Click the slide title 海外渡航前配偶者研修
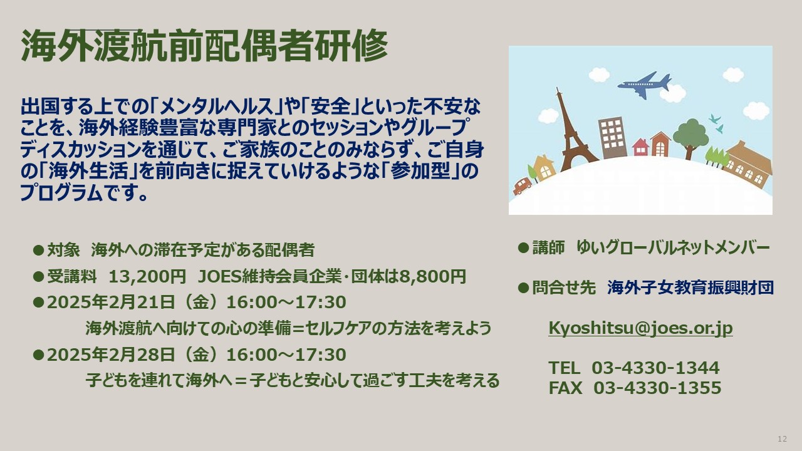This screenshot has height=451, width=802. tap(205, 46)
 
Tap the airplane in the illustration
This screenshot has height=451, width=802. tap(644, 85)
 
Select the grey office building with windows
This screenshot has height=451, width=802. tap(613, 137)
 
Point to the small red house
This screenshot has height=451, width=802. tap(640, 147)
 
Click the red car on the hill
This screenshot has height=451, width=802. tap(523, 185)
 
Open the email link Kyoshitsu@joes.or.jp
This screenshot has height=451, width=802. tap(640, 328)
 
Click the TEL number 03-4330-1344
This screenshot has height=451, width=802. tap(655, 368)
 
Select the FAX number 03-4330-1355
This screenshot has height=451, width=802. tap(657, 388)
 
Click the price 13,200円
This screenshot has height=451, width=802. tap(147, 276)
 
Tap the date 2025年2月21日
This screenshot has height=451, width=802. tap(111, 302)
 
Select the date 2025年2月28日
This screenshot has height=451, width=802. tap(111, 355)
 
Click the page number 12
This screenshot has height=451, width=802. tap(783, 439)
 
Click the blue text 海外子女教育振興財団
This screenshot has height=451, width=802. tap(690, 288)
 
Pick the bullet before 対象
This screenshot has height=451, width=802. tap(38, 250)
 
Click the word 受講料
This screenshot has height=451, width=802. tap(72, 276)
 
